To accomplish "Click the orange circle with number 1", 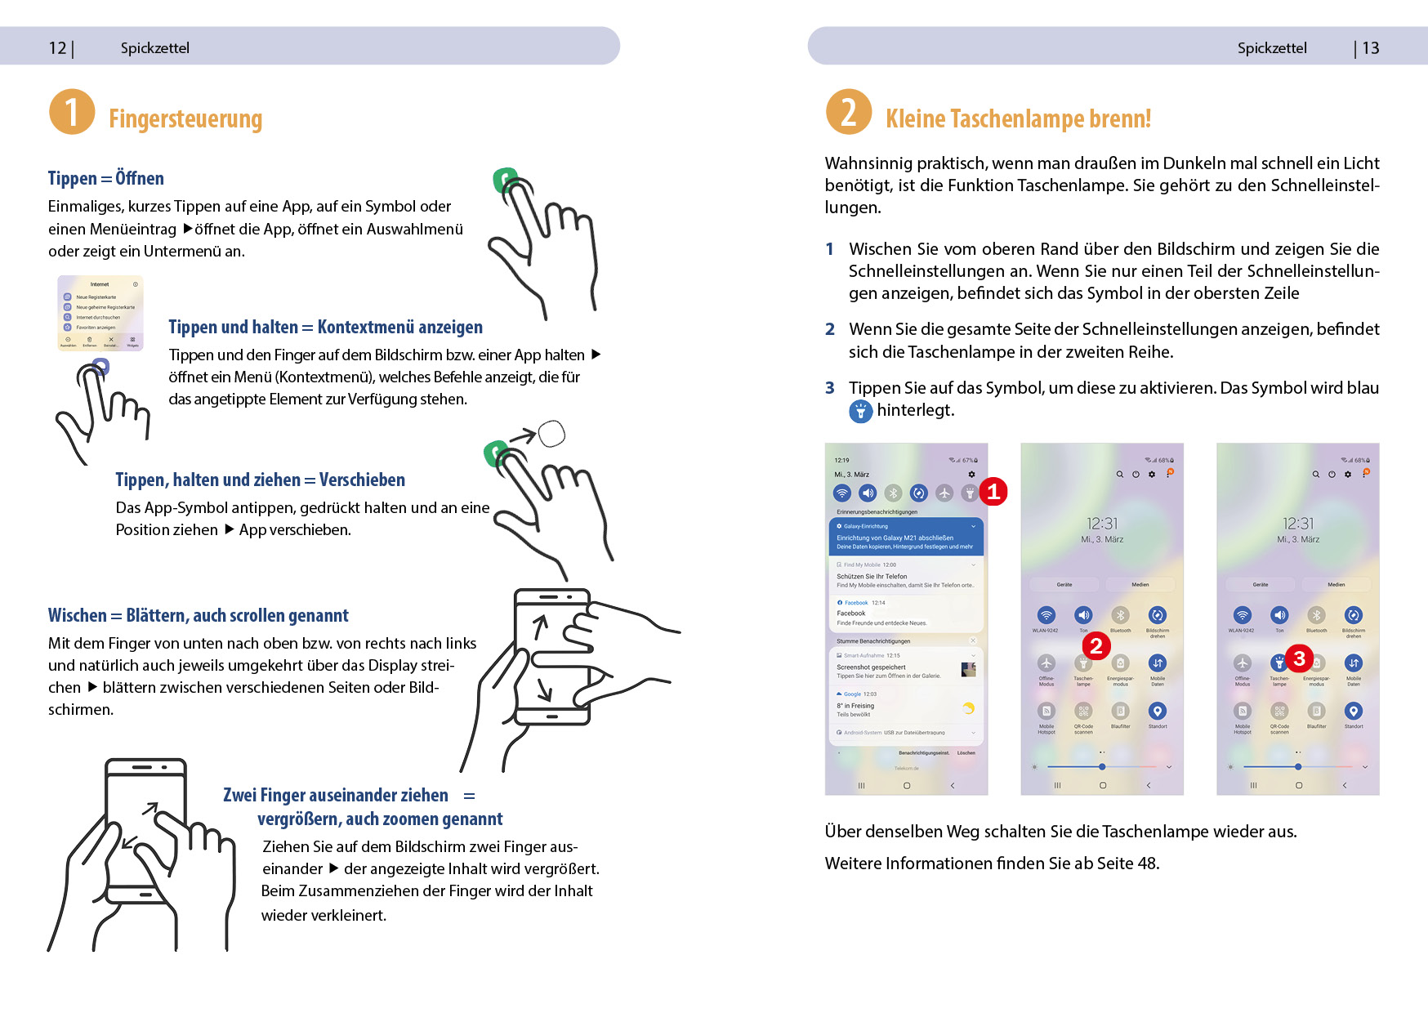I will coord(72,112).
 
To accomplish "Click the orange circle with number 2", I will coord(849,112).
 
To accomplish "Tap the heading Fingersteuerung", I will coord(185,119).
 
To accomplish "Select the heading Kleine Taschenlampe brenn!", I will coord(1018,119).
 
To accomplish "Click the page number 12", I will coord(57,48).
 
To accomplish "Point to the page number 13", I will coord(1371,48).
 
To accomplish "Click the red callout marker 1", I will coord(993,491).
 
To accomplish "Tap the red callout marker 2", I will coord(1096,646).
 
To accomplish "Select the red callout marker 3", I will coord(1299,658).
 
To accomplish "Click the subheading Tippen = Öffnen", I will coord(105,178).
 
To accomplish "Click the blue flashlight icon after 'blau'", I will coord(860,411).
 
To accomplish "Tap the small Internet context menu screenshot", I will coord(100,313).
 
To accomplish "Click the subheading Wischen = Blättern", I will coord(198,615).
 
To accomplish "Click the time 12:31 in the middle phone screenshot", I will coord(1102,524).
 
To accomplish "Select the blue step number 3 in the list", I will coord(830,388).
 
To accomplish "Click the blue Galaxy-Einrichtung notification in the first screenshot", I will coord(906,537).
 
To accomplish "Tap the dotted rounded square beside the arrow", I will coord(551,434).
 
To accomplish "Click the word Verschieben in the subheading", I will coord(362,480).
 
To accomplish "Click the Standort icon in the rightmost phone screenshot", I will coord(1354,712).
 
